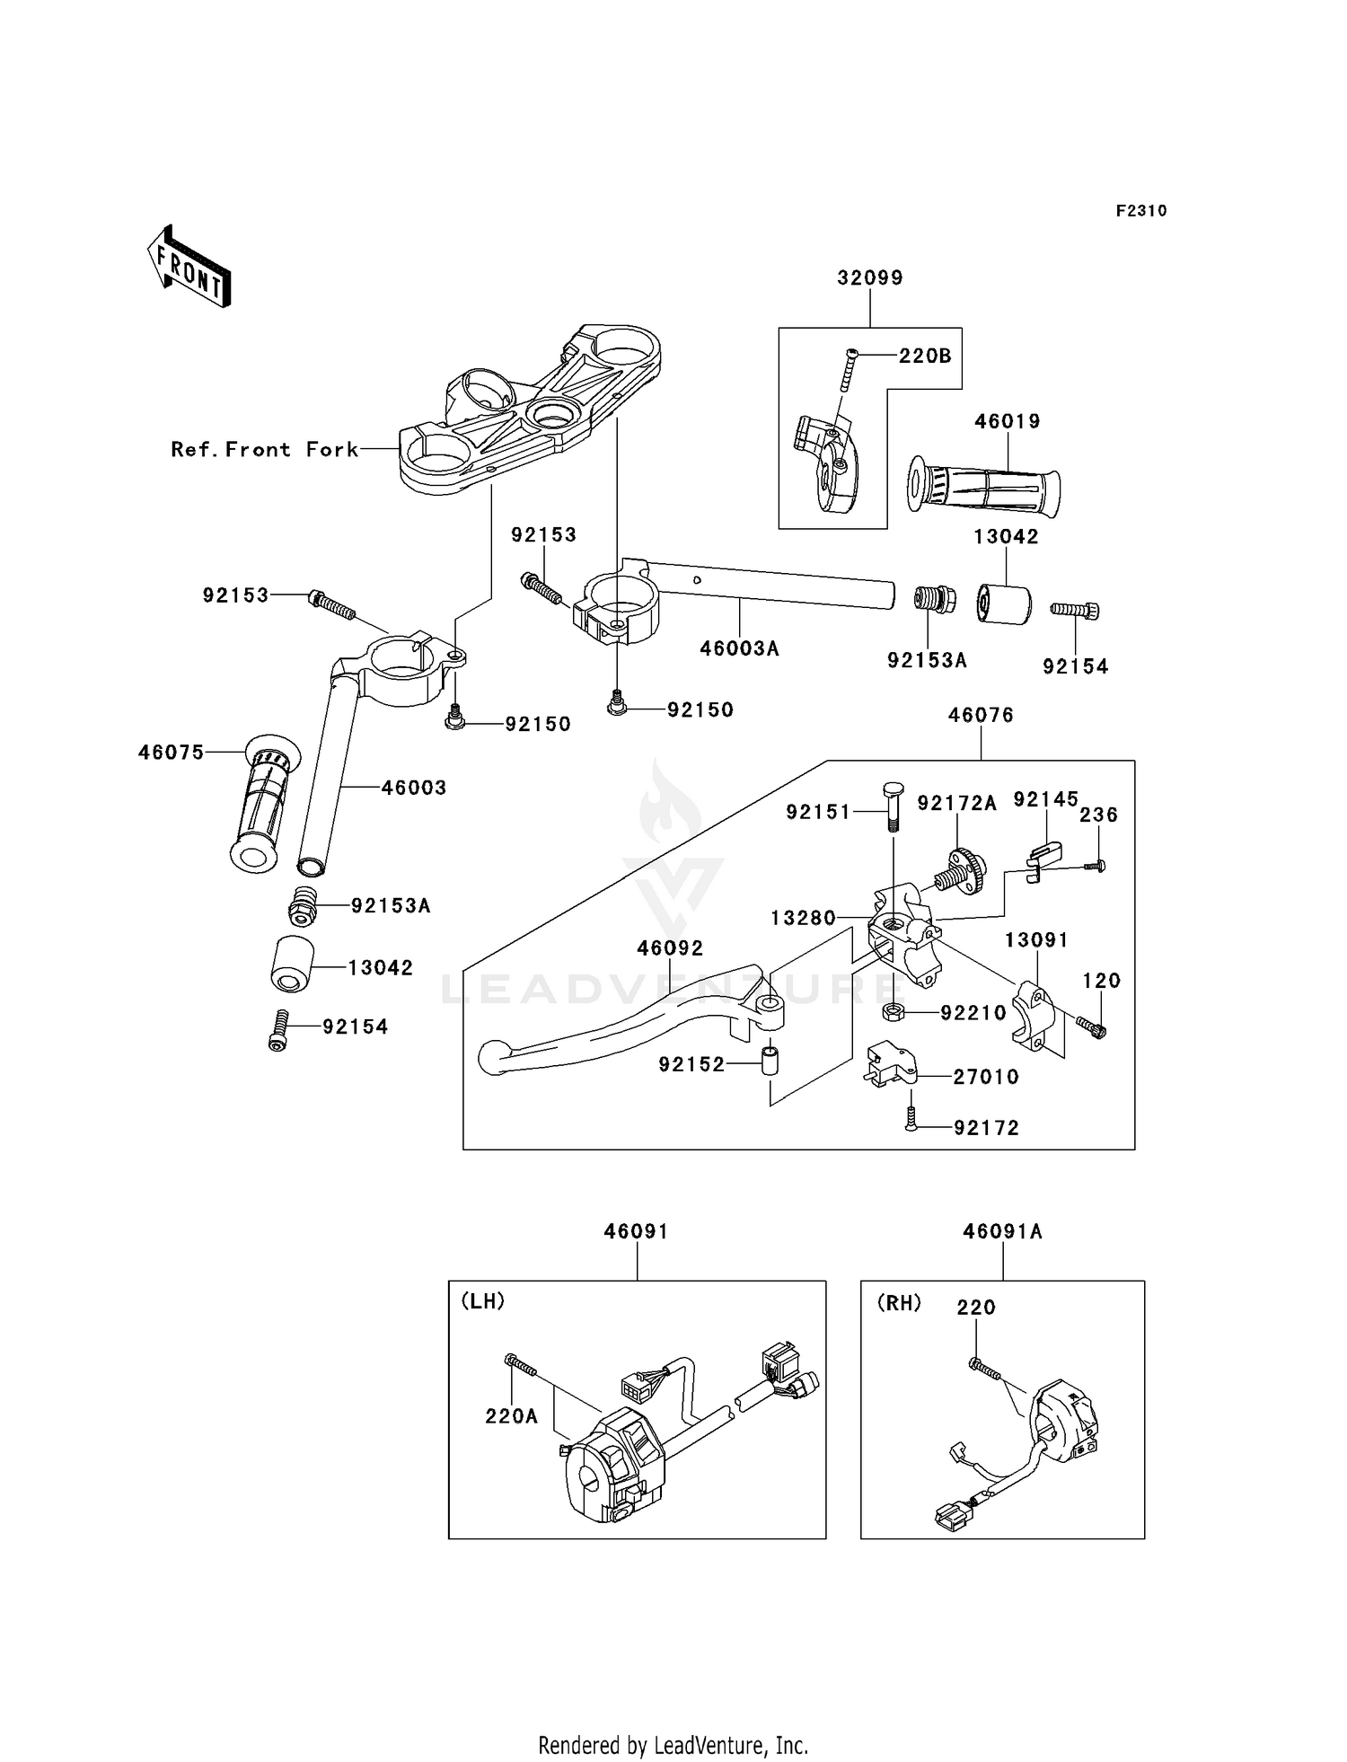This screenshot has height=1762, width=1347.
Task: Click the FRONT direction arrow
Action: (189, 265)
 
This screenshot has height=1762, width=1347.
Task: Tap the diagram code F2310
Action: (1141, 211)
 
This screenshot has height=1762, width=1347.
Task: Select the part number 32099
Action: (870, 278)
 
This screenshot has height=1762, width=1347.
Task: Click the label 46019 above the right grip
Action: (1008, 421)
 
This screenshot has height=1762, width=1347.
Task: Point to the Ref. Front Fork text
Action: (265, 449)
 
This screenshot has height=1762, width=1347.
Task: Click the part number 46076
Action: (982, 715)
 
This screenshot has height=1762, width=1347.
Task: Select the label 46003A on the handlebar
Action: (740, 648)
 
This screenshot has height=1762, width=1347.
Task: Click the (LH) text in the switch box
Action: (483, 1301)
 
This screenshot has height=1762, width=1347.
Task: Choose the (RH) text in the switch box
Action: (899, 1302)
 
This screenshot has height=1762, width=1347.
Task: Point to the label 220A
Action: (512, 1416)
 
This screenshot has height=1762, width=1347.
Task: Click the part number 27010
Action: (986, 1077)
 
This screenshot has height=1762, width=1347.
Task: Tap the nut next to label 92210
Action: (893, 1012)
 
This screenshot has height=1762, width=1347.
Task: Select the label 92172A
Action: (957, 803)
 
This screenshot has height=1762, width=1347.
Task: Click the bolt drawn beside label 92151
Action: (892, 806)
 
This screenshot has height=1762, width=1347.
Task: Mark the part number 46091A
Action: (1003, 1231)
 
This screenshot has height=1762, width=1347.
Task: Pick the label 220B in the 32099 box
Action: (925, 356)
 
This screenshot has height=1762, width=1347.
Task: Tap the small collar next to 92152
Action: (770, 1060)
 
